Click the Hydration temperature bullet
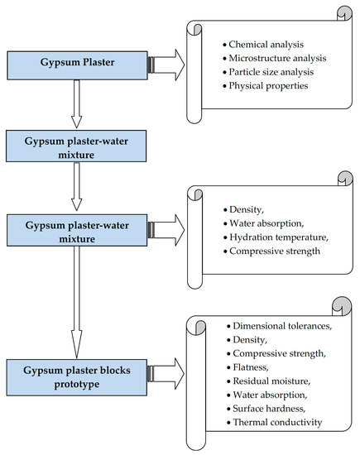click(279, 237)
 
